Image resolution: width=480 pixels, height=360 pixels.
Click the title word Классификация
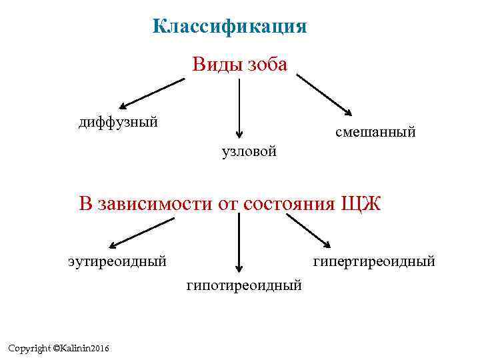[x=229, y=27]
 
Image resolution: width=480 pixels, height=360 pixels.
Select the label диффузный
[x=118, y=122]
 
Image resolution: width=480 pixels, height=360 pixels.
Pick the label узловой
[x=249, y=152]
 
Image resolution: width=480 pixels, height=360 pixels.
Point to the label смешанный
[x=375, y=133]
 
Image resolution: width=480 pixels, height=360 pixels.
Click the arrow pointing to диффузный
[x=151, y=93]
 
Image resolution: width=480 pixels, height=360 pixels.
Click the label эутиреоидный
[x=117, y=260]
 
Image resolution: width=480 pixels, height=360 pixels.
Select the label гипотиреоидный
[x=244, y=285]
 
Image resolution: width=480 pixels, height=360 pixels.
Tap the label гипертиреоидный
[x=374, y=261]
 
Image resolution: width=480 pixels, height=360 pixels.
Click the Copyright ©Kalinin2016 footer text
[x=59, y=349]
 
